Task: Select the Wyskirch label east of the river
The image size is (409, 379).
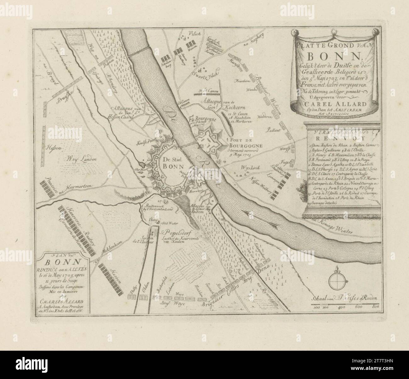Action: [x=249, y=168]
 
